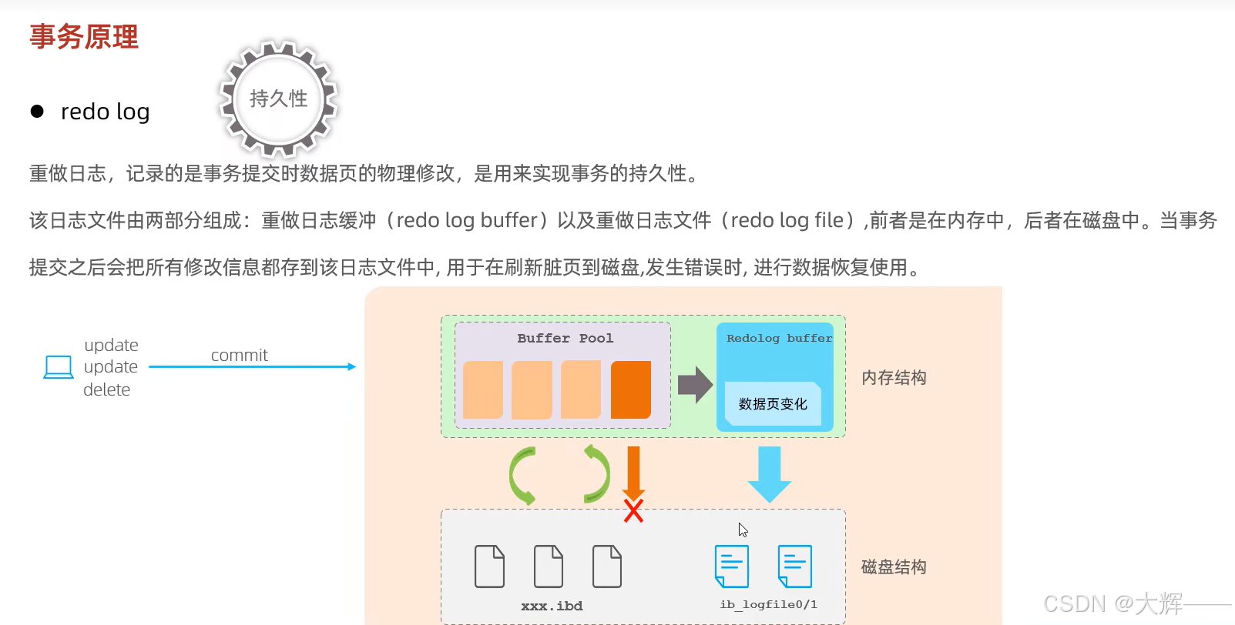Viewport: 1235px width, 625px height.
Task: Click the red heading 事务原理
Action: [x=84, y=37]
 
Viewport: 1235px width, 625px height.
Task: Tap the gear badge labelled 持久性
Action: [x=278, y=99]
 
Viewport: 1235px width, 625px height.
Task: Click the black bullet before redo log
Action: [x=37, y=112]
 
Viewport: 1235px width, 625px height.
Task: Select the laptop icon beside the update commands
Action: [x=59, y=367]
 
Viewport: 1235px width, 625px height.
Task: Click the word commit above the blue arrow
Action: [x=239, y=355]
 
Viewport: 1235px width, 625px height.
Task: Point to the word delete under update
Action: [x=106, y=389]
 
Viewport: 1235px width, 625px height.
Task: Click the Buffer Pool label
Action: [x=565, y=338]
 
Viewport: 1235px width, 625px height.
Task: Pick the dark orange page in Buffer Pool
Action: [x=630, y=389]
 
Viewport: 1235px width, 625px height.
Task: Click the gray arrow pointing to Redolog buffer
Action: [x=695, y=384]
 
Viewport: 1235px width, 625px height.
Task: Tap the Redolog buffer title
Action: [x=779, y=338]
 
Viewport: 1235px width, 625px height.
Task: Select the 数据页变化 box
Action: [x=773, y=404]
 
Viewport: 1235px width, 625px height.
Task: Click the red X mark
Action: [x=633, y=511]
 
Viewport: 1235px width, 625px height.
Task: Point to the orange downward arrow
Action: [x=633, y=471]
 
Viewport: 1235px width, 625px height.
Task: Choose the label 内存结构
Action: [x=894, y=378]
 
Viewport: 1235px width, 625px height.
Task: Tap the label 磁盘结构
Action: [x=894, y=567]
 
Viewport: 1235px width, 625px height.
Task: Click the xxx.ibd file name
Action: [x=552, y=606]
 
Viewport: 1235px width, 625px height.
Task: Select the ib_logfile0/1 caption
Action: [x=768, y=604]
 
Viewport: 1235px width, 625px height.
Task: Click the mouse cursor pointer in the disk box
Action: [x=743, y=530]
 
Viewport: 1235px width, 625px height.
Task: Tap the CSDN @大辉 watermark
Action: [x=1113, y=603]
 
